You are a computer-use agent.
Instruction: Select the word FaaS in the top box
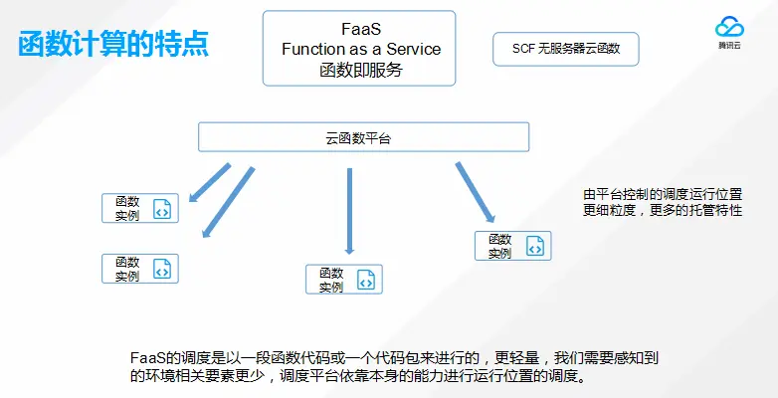click(x=360, y=27)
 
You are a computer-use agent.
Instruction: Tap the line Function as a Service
click(x=360, y=48)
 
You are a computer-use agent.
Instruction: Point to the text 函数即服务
click(x=360, y=70)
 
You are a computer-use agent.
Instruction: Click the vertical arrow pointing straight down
click(x=349, y=211)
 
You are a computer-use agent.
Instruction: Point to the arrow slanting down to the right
click(x=476, y=191)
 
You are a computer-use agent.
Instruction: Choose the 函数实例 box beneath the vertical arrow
click(x=343, y=280)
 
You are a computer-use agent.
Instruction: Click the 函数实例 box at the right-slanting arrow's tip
click(x=512, y=246)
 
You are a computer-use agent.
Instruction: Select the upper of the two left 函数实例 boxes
click(x=140, y=208)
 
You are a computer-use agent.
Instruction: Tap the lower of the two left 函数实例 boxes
click(x=140, y=268)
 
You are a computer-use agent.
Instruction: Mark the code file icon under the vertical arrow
click(x=365, y=281)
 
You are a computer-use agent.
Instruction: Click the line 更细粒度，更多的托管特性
click(x=662, y=211)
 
